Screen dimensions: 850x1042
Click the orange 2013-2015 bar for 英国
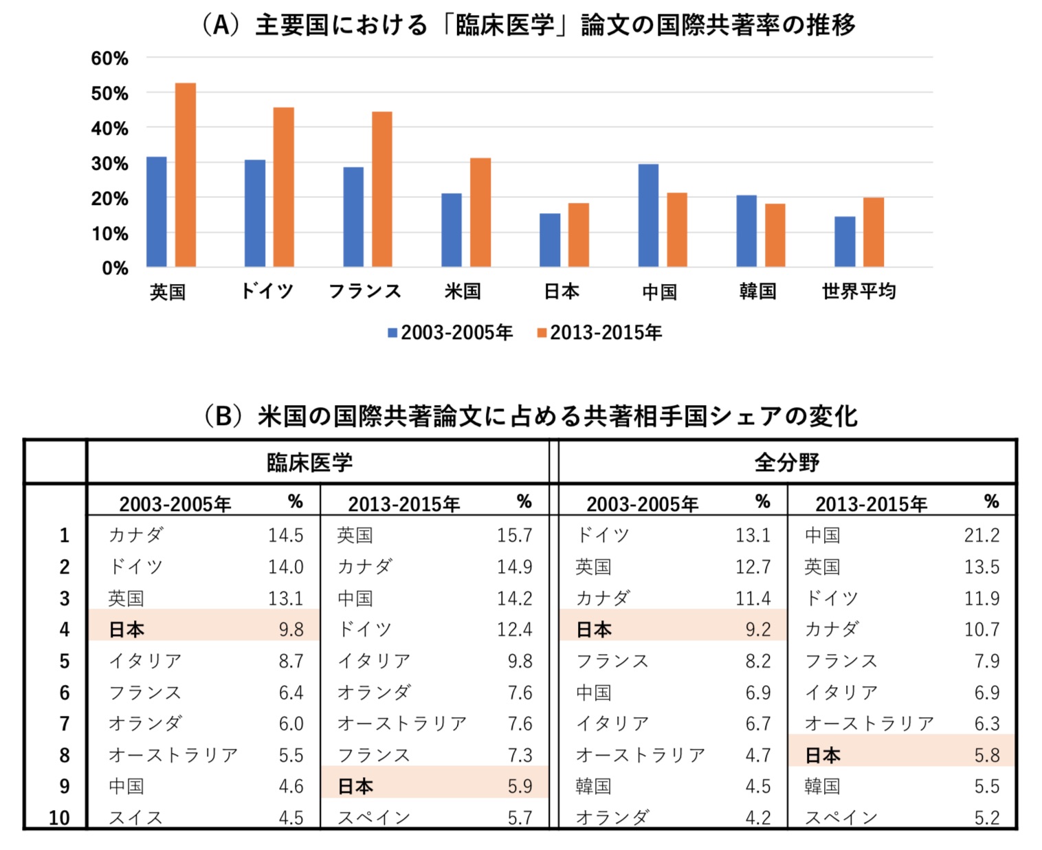[186, 175]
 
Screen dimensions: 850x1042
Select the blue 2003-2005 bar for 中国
[648, 215]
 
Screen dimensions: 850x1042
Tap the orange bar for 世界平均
[874, 232]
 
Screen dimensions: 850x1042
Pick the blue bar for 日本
[550, 240]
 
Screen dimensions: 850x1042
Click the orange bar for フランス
[382, 189]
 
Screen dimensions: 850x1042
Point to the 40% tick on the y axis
[110, 129]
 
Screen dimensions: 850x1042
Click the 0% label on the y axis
[115, 268]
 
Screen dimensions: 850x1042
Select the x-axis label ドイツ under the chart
[267, 292]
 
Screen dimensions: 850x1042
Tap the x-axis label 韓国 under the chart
[757, 292]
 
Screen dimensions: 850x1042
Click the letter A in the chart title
[221, 25]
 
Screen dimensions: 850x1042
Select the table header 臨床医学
[309, 462]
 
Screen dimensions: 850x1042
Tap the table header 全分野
[786, 462]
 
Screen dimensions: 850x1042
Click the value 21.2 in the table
[982, 535]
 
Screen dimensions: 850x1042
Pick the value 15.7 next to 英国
[514, 535]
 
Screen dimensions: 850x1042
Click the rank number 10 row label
[59, 818]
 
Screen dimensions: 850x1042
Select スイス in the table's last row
[135, 818]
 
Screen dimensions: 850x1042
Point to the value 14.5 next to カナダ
[285, 535]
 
